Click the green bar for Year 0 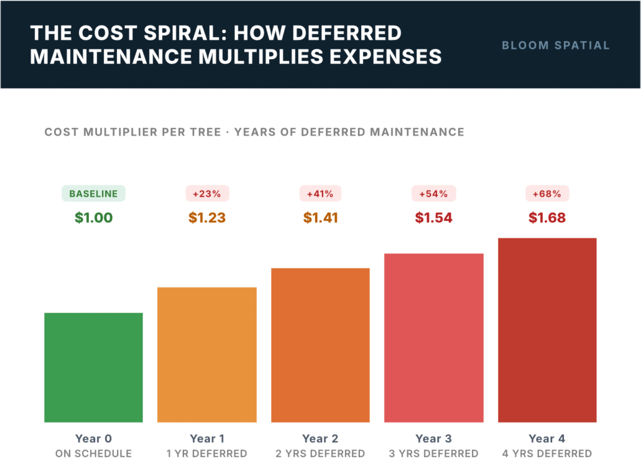tap(93, 367)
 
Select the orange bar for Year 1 tap(207, 354)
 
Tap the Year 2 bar tap(320, 345)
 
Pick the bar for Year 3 tap(433, 338)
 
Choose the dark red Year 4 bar tap(547, 330)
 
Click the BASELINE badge tap(93, 193)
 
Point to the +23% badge tap(207, 193)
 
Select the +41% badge tap(320, 193)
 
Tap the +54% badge tap(433, 193)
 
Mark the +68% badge tap(547, 193)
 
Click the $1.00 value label tap(93, 218)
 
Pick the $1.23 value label tap(207, 218)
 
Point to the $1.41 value tap(320, 218)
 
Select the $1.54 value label tap(433, 218)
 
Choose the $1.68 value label tap(547, 218)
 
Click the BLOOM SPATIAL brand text tap(556, 45)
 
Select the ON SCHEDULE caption tap(93, 453)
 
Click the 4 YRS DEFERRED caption tap(547, 453)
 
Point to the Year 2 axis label tap(320, 439)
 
